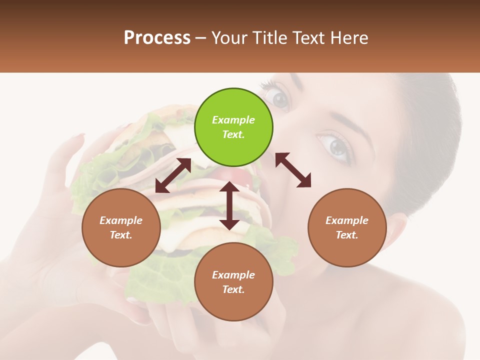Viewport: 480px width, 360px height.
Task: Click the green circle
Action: coord(233,127)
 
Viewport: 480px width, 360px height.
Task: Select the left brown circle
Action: coord(121,228)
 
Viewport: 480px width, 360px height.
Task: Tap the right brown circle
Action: coord(347,228)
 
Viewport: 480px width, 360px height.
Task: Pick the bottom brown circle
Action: coord(233,282)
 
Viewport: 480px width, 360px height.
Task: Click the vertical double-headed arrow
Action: coord(229,205)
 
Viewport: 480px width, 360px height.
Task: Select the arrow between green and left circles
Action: coord(173,175)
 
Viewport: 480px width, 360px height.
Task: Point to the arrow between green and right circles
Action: coord(293,170)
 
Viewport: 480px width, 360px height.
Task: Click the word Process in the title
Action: coord(157,38)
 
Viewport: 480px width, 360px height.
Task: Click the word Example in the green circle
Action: coord(233,120)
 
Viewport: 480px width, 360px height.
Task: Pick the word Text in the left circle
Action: coord(120,235)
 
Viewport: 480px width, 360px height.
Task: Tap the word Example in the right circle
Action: coord(347,220)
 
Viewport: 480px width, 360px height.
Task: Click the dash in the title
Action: coord(201,38)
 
